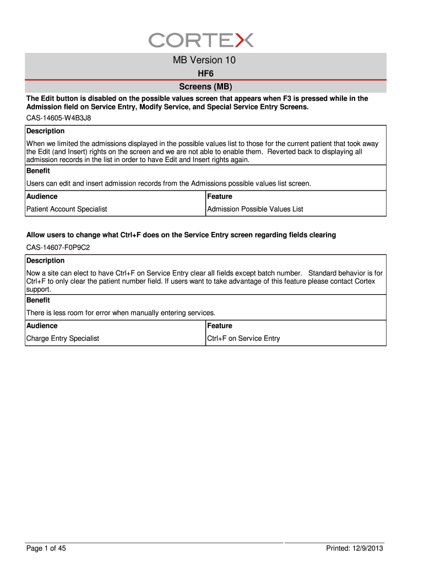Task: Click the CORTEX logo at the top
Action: tap(201, 40)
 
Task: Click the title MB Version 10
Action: tap(204, 60)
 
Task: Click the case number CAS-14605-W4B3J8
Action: tap(59, 118)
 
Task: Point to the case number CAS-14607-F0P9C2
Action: tap(58, 247)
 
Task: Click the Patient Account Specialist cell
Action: tap(67, 209)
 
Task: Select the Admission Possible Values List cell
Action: tap(255, 209)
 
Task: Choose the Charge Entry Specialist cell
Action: tap(63, 339)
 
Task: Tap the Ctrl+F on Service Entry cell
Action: tap(243, 339)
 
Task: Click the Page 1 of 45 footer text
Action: tap(46, 549)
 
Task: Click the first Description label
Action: tap(46, 131)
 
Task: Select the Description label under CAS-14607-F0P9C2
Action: tap(46, 261)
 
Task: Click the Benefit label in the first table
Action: tap(38, 171)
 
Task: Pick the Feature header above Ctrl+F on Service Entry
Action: tap(220, 326)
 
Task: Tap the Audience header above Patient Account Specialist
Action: tap(42, 197)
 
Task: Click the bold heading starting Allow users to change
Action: tap(181, 235)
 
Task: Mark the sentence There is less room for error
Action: tap(121, 313)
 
